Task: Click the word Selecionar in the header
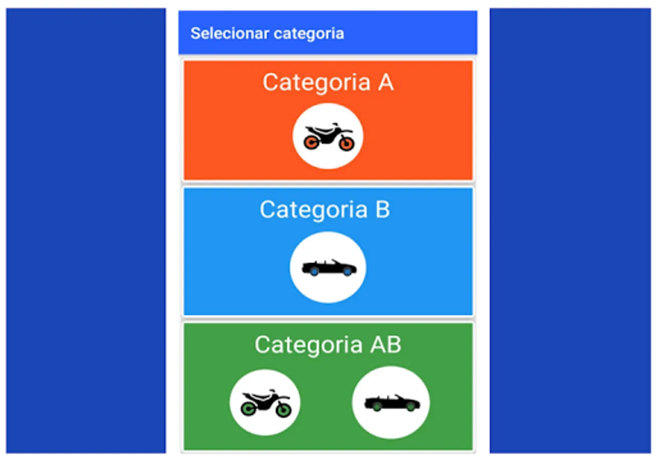click(230, 33)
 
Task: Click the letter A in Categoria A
click(386, 82)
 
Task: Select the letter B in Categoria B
click(383, 209)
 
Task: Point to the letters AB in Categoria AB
click(385, 345)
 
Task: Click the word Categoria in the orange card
click(317, 83)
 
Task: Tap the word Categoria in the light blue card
click(314, 210)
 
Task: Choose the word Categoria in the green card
click(309, 345)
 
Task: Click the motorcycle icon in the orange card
click(329, 137)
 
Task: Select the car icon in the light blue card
click(329, 267)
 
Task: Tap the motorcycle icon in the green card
click(265, 403)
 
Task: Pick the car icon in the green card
click(392, 403)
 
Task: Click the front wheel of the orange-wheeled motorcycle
click(347, 143)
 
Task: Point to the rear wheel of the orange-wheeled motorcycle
click(311, 142)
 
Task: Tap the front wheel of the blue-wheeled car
click(347, 271)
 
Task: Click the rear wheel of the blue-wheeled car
click(315, 271)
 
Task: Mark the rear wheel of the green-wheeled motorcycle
click(249, 408)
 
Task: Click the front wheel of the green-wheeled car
click(411, 407)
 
